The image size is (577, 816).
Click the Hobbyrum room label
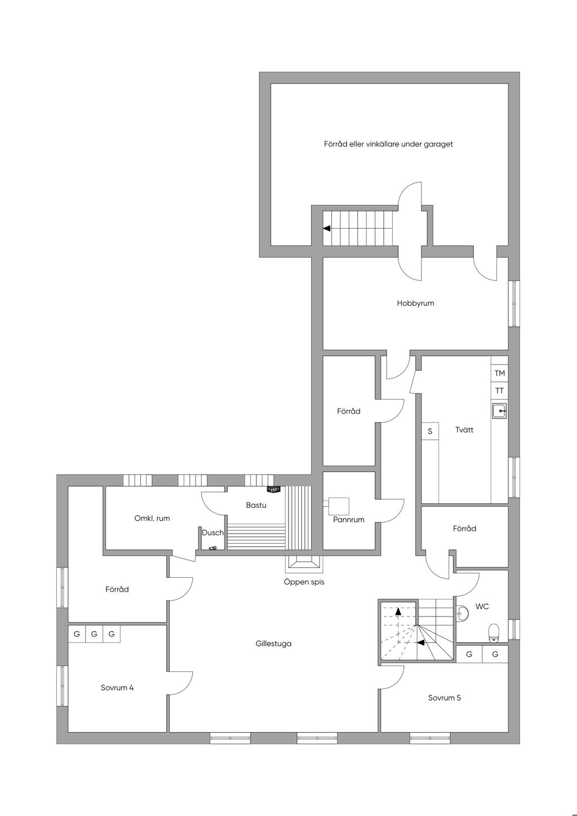(415, 303)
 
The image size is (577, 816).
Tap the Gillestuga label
(273, 644)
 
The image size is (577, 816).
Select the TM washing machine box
(499, 373)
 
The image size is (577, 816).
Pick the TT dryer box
(499, 391)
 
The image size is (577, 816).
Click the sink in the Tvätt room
(499, 411)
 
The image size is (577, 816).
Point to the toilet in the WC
(494, 632)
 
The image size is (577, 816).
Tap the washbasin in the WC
(462, 613)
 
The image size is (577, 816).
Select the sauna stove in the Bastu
(273, 489)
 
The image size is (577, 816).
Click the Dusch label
(213, 533)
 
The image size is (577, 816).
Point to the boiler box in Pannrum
(339, 507)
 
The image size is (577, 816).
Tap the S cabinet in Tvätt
(430, 431)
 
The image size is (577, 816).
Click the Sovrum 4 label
(117, 688)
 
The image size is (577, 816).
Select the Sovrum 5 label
(444, 698)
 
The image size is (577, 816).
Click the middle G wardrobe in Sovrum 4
(94, 634)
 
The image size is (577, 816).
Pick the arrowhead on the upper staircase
(327, 228)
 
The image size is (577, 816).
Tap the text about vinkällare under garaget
(388, 144)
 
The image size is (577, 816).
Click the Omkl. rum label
(152, 518)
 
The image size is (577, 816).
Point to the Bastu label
(256, 505)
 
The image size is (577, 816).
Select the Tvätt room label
(464, 430)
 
